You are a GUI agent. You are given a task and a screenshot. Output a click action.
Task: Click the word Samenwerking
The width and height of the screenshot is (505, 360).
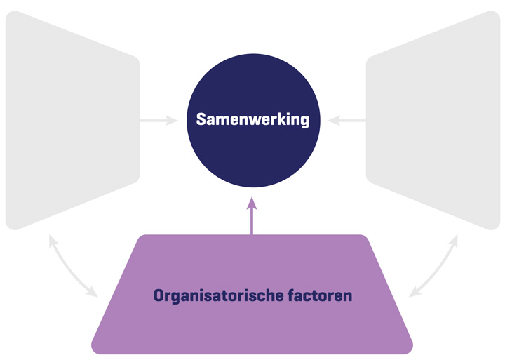(x=252, y=119)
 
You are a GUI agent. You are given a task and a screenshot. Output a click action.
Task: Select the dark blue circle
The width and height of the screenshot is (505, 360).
(x=252, y=151)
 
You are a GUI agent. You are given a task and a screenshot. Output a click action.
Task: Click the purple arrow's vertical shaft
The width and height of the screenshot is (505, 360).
(x=252, y=223)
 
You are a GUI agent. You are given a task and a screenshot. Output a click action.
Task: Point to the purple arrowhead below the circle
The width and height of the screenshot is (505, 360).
(x=252, y=204)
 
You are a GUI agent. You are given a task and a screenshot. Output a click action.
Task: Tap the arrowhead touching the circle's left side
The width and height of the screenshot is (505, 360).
(x=173, y=121)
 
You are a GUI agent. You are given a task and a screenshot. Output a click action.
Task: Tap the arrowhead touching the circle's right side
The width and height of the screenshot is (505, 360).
(x=333, y=121)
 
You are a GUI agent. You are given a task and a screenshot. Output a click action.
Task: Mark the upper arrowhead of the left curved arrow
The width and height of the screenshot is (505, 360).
(x=50, y=240)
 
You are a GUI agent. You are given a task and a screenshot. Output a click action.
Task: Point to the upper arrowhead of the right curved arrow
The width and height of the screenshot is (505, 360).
(x=454, y=240)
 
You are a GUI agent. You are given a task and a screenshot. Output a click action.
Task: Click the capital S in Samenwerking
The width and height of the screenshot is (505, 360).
(x=201, y=119)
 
